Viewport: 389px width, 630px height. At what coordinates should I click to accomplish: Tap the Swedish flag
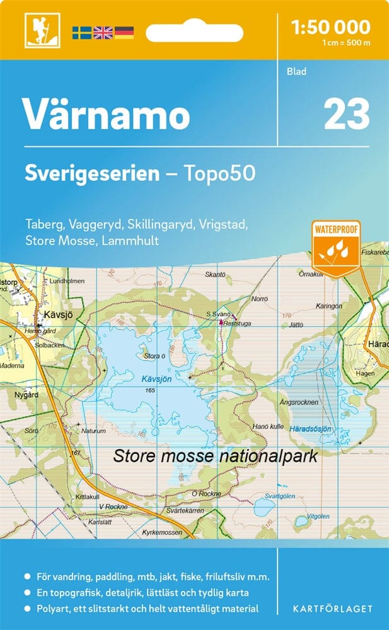[x=82, y=31]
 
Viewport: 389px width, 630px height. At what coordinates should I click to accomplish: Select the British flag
[x=103, y=31]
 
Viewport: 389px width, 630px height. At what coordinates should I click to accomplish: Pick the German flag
[x=124, y=31]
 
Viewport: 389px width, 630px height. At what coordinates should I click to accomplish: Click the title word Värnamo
[x=106, y=114]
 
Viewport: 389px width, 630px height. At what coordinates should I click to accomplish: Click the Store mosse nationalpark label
[x=215, y=455]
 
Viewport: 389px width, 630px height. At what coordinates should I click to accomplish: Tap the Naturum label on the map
[x=95, y=431]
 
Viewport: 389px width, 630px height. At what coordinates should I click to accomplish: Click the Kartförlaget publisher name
[x=332, y=609]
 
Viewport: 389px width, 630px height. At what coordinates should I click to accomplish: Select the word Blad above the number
[x=296, y=71]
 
